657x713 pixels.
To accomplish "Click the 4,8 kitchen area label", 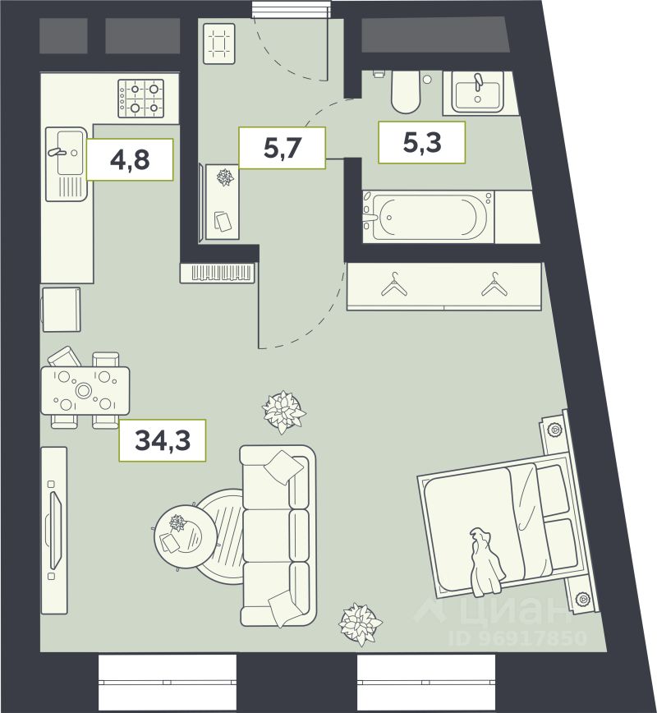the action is [130, 159].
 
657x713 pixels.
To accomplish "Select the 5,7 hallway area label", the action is [283, 148].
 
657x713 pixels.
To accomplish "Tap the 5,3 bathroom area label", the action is [422, 142].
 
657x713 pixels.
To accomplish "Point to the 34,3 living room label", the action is [163, 440].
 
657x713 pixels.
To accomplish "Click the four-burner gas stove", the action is [141, 99].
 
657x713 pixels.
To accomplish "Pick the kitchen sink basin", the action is [70, 152].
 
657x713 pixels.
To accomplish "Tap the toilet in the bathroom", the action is [405, 92].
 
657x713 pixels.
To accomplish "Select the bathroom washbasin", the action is [477, 93].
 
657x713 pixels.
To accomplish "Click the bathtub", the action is [429, 217].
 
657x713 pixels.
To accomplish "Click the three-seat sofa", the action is [278, 536].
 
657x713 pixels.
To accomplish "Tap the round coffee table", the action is [179, 537].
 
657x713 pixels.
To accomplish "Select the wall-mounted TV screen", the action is [54, 531].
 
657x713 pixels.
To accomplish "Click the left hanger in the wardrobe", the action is [394, 285].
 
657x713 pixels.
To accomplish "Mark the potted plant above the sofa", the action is [283, 412].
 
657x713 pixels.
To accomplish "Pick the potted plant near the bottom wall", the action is [361, 624].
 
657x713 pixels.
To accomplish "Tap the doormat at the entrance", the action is [219, 44].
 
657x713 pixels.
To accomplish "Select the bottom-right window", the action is [426, 683].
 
